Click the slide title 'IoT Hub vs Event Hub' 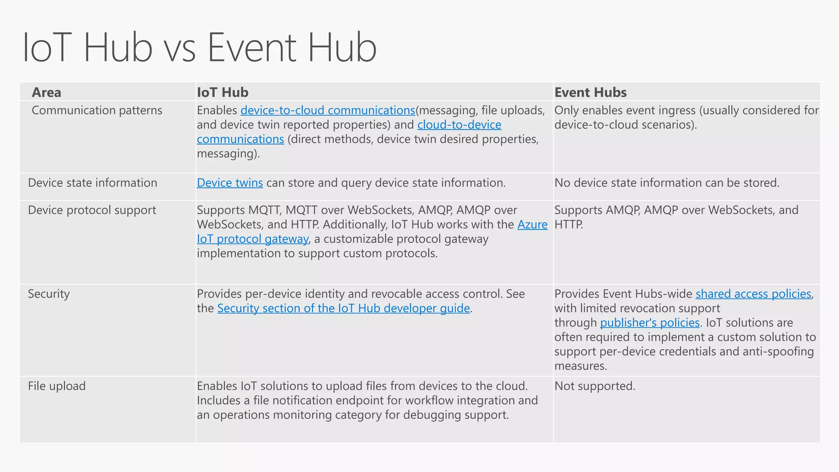point(199,48)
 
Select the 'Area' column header point(46,93)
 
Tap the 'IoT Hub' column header point(222,93)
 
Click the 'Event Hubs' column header point(590,93)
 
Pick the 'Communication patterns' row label point(97,111)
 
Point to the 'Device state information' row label point(93,183)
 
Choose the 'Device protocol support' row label point(92,210)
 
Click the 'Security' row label point(49,294)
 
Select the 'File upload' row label point(57,386)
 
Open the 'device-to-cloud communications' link point(328,111)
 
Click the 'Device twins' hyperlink point(230,183)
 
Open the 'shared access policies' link point(753,294)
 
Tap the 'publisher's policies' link point(650,323)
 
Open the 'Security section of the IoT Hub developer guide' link point(343,308)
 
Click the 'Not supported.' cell point(595,386)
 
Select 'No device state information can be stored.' point(667,183)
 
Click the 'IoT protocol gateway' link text point(252,239)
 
